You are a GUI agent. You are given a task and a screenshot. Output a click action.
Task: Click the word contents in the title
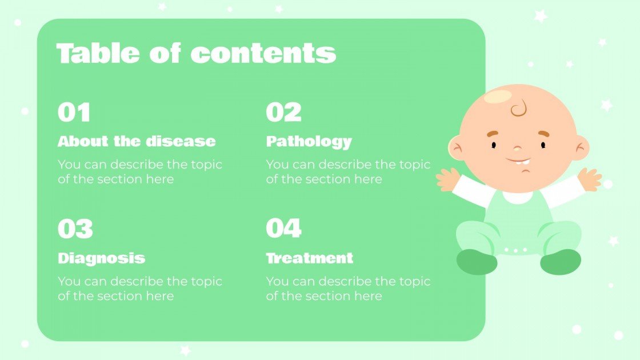[263, 53]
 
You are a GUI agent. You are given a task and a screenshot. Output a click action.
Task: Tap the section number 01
[74, 113]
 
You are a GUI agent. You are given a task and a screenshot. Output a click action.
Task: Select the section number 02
[283, 113]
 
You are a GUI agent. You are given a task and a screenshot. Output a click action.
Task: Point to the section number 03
[75, 229]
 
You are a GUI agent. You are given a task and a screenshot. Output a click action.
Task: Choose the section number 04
[284, 229]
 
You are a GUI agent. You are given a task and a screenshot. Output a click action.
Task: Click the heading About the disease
[137, 141]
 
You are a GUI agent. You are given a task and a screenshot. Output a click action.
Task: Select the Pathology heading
[309, 141]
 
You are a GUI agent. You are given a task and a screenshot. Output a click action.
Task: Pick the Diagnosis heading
[101, 258]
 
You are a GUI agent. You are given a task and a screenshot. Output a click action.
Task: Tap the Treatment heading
[310, 258]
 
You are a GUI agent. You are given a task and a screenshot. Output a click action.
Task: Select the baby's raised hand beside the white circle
[589, 179]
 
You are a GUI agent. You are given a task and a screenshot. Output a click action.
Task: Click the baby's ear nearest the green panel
[457, 148]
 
